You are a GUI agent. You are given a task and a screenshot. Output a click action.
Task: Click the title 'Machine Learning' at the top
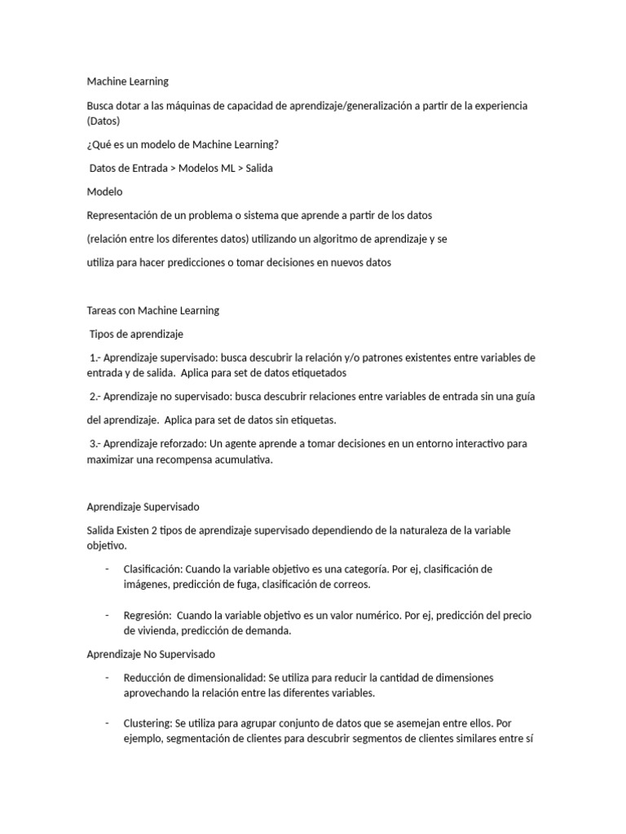[x=128, y=81]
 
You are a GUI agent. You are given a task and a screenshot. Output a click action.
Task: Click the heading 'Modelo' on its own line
[x=104, y=192]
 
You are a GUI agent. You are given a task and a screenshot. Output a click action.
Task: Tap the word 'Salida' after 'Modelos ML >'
[x=259, y=169]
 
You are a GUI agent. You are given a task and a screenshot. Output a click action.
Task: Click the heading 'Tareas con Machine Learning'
[x=153, y=310]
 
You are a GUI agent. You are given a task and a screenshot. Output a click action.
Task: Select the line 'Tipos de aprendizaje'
[x=136, y=334]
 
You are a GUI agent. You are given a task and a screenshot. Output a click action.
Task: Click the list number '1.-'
[x=95, y=358]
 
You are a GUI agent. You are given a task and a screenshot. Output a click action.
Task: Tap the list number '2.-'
[x=95, y=397]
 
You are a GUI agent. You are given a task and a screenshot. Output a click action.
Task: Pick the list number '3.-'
[x=95, y=444]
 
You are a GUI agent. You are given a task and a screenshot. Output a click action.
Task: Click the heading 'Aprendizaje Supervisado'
[x=143, y=507]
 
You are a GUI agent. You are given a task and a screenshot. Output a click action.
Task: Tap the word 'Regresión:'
[x=147, y=616]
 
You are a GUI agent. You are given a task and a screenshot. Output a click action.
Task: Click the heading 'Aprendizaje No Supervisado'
[x=150, y=654]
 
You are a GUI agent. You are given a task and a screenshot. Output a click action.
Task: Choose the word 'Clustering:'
[x=148, y=723]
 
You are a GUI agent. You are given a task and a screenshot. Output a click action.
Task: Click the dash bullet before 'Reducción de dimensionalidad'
[x=106, y=678]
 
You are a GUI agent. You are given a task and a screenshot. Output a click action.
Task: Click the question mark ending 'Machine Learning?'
[x=276, y=145]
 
